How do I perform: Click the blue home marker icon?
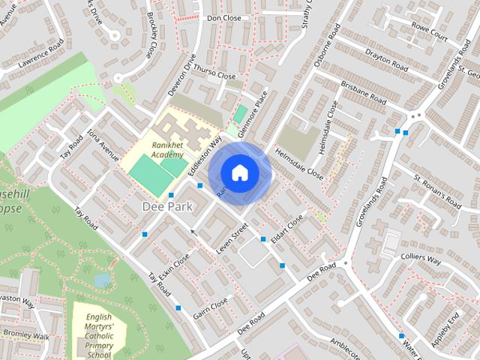pyautogui.click(x=238, y=172)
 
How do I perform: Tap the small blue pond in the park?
pyautogui.click(x=103, y=280)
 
